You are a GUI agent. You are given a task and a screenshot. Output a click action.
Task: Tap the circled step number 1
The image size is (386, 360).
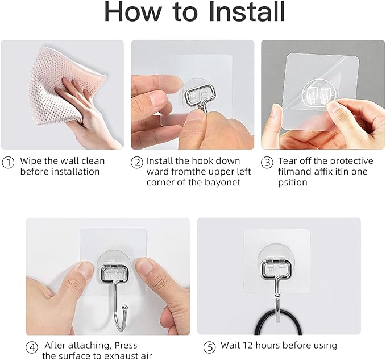[x=8, y=162]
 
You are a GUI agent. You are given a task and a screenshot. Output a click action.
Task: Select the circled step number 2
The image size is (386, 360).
[x=136, y=162]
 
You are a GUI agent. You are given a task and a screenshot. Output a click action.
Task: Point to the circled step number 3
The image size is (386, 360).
[x=267, y=162]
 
